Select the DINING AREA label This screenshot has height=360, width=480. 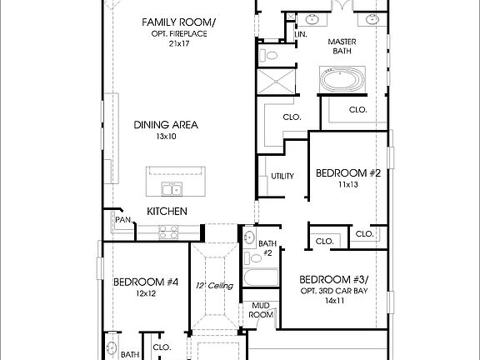(166, 125)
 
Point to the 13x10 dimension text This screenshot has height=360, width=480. (167, 137)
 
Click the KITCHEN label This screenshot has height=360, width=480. (167, 212)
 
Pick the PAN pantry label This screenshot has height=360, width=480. (123, 220)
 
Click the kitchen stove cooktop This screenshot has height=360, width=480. (167, 234)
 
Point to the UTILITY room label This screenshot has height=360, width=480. (281, 176)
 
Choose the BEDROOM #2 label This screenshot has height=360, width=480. (347, 173)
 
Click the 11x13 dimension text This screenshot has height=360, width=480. (347, 185)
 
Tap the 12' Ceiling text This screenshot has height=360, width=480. (214, 286)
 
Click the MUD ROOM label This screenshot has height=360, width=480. (262, 309)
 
